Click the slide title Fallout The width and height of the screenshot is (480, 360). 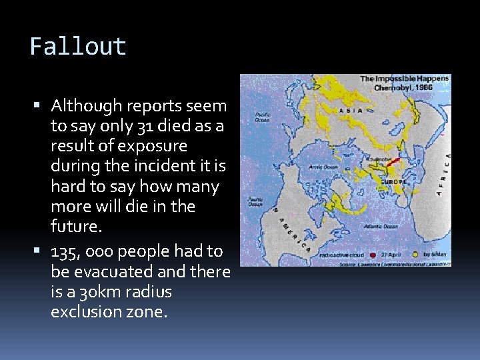(78, 47)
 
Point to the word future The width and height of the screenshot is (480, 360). (75, 227)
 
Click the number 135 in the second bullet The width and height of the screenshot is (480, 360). (66, 251)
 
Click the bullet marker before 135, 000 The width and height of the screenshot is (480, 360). (43, 251)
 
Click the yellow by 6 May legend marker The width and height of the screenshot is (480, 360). (415, 254)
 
